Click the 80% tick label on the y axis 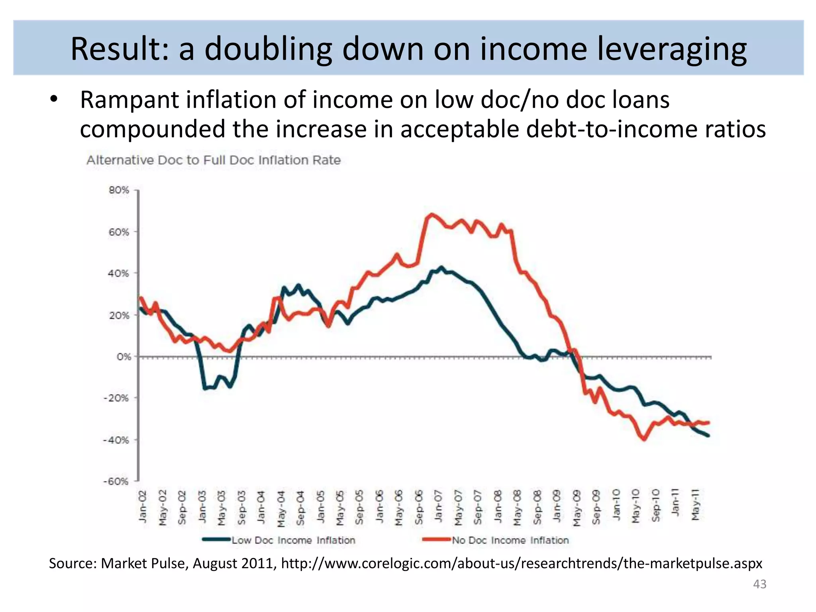[x=119, y=190]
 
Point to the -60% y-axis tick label [x=116, y=481]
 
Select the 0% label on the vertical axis [x=124, y=357]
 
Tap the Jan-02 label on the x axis [x=143, y=506]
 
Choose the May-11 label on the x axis [x=695, y=505]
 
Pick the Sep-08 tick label [x=537, y=507]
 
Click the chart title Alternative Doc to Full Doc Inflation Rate [x=214, y=160]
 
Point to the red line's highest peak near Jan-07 [x=431, y=215]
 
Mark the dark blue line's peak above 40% [x=441, y=267]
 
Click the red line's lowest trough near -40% [x=644, y=439]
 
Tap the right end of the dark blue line [x=708, y=435]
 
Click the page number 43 [x=759, y=584]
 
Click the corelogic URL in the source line [x=522, y=563]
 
